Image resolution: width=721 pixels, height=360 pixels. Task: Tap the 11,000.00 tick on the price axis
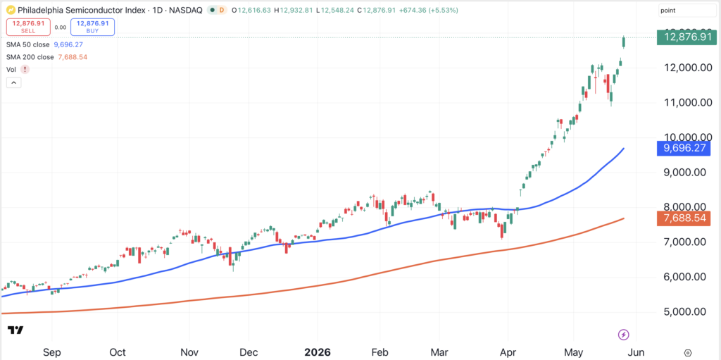click(x=687, y=103)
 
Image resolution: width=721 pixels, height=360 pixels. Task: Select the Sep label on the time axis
click(x=52, y=352)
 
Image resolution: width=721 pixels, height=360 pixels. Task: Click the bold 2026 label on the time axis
click(x=318, y=352)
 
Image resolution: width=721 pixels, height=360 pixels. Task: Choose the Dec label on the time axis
click(x=249, y=352)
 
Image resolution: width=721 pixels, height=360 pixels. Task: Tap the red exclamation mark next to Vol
click(x=25, y=70)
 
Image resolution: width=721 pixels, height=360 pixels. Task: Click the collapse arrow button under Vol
click(x=13, y=83)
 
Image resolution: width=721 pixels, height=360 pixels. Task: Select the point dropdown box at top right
click(x=687, y=10)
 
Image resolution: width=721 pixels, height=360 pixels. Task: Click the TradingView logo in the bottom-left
click(x=15, y=330)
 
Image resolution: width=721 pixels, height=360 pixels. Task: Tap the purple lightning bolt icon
click(x=624, y=334)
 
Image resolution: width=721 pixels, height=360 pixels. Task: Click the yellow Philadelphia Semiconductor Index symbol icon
click(x=11, y=10)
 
